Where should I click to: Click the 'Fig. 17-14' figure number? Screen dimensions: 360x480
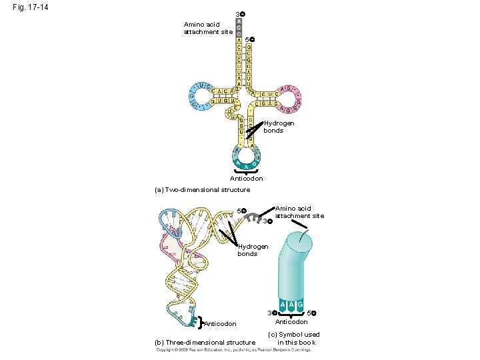pyautogui.click(x=31, y=8)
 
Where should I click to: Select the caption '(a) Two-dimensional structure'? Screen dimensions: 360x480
pyautogui.click(x=202, y=190)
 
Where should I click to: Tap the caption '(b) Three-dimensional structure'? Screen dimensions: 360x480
pyautogui.click(x=205, y=343)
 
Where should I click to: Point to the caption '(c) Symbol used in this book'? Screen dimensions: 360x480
pyautogui.click(x=293, y=339)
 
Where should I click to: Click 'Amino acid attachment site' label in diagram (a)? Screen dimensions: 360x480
pyautogui.click(x=208, y=28)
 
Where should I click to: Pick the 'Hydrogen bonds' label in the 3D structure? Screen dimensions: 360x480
pyautogui.click(x=253, y=250)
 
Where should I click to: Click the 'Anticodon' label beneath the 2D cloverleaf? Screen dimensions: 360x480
pyautogui.click(x=246, y=179)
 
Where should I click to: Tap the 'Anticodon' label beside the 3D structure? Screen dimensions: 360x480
pyautogui.click(x=220, y=325)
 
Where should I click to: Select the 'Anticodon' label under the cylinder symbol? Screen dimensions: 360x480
pyautogui.click(x=292, y=322)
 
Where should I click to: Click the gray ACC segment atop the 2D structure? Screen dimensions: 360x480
pyautogui.click(x=239, y=29)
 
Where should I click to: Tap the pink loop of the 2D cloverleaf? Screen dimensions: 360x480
pyautogui.click(x=289, y=98)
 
